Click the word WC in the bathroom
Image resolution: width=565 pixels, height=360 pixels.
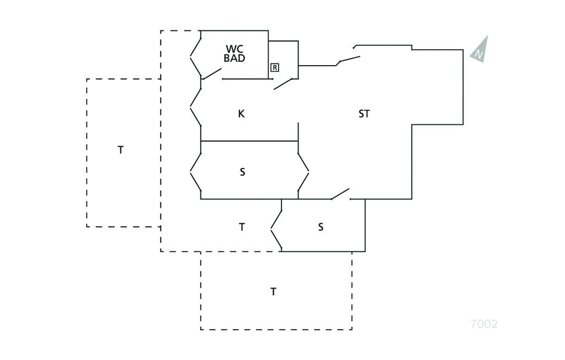click(x=234, y=49)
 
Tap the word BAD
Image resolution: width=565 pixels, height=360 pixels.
click(x=234, y=58)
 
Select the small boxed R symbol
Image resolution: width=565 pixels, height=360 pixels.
click(x=275, y=67)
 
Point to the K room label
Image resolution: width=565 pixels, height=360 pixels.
click(x=241, y=114)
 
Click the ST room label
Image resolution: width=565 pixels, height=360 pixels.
click(x=364, y=114)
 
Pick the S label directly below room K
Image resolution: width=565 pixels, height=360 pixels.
click(x=242, y=172)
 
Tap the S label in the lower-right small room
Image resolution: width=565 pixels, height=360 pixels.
click(x=321, y=227)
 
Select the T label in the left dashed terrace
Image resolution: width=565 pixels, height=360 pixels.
click(x=121, y=150)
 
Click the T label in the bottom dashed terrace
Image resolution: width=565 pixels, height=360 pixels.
click(x=273, y=292)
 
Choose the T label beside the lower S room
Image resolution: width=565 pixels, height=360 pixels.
click(x=242, y=227)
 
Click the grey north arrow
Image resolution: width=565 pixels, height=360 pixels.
click(x=480, y=50)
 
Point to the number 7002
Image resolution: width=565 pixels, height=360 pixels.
click(x=484, y=324)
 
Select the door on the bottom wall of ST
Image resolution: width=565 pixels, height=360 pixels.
click(x=340, y=194)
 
